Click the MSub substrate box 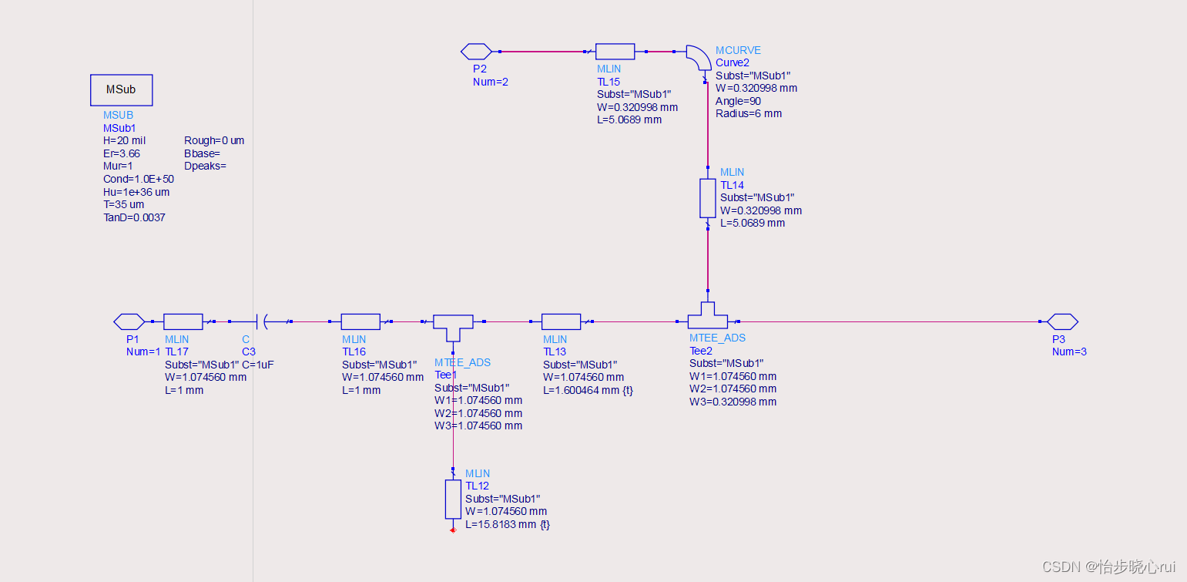(121, 90)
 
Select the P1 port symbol (129, 321)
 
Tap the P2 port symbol (476, 52)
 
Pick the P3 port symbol (1062, 321)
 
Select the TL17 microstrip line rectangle (183, 321)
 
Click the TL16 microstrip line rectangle (360, 321)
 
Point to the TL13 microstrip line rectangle (561, 321)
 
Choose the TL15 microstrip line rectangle (615, 52)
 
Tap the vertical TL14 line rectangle (708, 198)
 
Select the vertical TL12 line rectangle (453, 499)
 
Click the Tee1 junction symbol (453, 326)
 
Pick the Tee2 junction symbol (708, 315)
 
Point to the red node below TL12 (453, 530)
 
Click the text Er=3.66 (122, 153)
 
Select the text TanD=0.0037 (134, 217)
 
